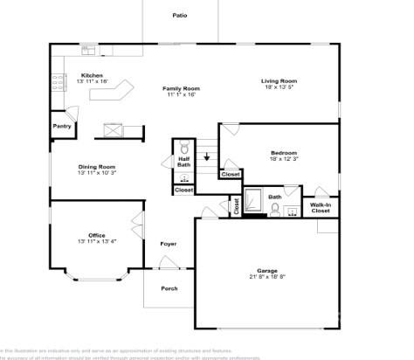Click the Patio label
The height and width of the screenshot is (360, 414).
point(180,16)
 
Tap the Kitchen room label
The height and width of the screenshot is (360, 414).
point(93,75)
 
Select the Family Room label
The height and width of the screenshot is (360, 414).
point(180,88)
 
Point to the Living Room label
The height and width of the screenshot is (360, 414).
point(278,81)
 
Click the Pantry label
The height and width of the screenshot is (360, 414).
point(62,126)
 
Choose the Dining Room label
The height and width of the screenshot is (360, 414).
point(96,167)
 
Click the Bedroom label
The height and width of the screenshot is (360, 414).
point(284,153)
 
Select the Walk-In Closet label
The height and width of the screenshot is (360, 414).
point(321,208)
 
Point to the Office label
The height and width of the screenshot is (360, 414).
point(96,235)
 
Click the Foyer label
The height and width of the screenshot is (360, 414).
point(169,244)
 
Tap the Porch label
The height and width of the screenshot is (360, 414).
point(169,288)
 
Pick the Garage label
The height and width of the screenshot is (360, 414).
point(266,270)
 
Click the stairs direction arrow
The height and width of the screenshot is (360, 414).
point(207,158)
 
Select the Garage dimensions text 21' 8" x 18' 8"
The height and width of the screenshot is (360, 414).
point(266,277)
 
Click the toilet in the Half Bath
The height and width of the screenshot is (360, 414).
point(184,147)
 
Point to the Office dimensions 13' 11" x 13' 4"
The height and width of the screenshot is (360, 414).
point(96,241)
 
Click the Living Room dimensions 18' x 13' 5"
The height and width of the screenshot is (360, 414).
point(278,87)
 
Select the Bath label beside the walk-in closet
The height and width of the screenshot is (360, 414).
point(275,197)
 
